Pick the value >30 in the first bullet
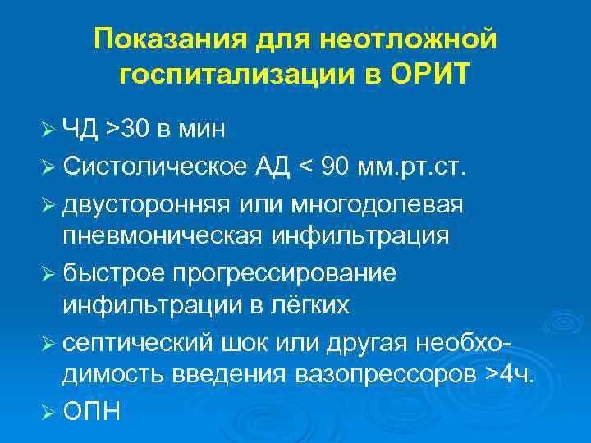[131, 129]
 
